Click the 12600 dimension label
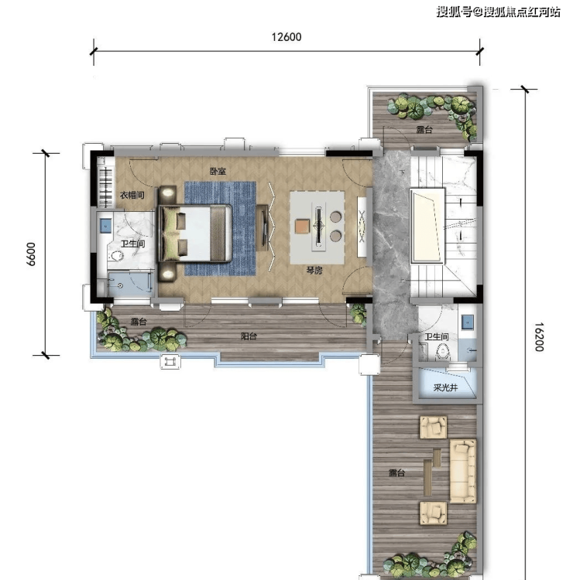pos(286,37)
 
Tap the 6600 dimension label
pos(31,254)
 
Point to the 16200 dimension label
pos(539,336)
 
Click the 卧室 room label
pos(218,171)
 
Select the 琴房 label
pos(314,271)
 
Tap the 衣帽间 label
pos(132,195)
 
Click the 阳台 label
pos(249,336)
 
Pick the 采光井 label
pos(445,387)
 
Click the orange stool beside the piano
pos(302,226)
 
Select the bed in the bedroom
pos(195,234)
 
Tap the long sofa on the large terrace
pos(462,471)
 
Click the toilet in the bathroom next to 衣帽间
pos(117,256)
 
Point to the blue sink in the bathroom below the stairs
pos(468,322)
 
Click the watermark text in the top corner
pos(498,12)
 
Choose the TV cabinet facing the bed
pos(262,227)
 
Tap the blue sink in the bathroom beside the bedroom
pos(105,225)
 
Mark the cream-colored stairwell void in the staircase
pos(427,226)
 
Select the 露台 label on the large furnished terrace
pos(396,473)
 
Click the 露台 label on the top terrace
pos(424,130)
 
